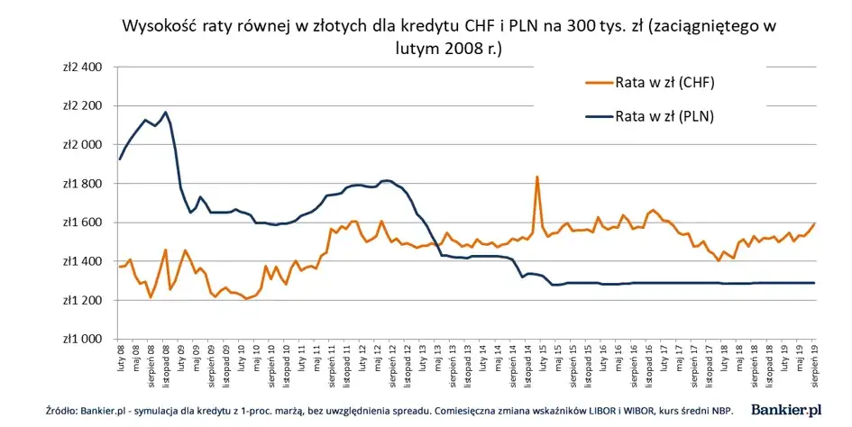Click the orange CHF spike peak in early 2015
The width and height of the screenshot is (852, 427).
[x=536, y=177]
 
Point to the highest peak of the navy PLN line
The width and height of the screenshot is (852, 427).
[x=165, y=113]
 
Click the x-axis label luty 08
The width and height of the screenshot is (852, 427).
[x=121, y=358]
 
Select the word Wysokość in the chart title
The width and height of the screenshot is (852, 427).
[x=160, y=27]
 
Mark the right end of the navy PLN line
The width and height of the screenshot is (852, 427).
[x=814, y=283]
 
